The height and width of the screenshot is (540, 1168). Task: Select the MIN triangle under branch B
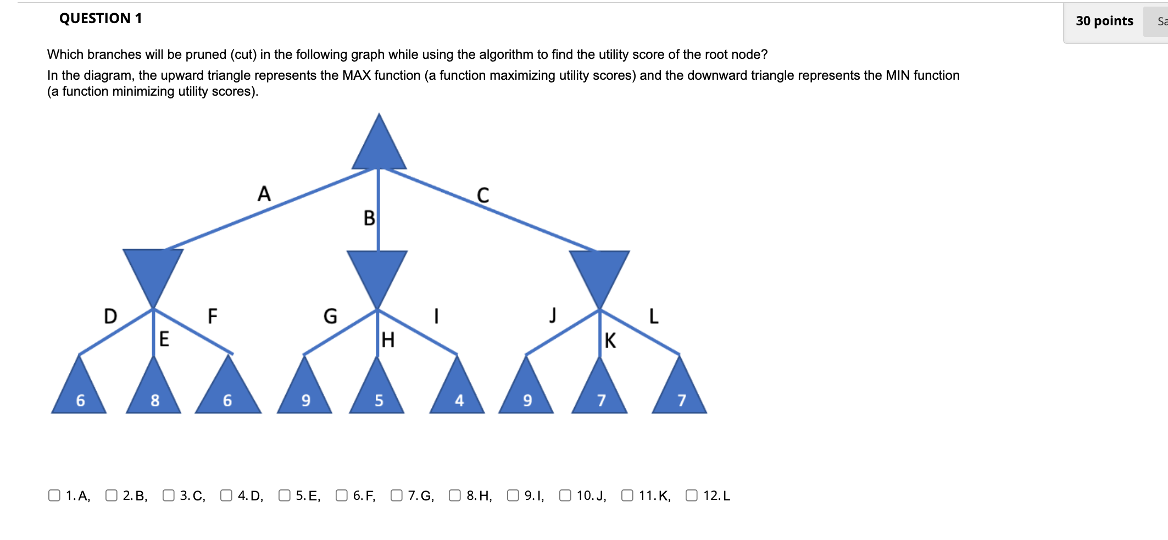(377, 272)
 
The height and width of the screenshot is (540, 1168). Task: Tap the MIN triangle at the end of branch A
(153, 271)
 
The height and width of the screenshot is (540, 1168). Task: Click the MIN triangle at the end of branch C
(599, 272)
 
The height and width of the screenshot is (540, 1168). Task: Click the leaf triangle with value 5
(377, 393)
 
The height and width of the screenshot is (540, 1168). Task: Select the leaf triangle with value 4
(457, 393)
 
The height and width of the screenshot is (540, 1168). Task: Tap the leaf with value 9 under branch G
(305, 393)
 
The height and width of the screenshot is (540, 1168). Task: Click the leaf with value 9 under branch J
(526, 393)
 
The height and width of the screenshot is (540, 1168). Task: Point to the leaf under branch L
(680, 393)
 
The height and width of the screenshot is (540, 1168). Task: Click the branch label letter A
(264, 194)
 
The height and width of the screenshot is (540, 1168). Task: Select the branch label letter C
(483, 195)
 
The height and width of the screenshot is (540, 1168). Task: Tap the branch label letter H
(388, 340)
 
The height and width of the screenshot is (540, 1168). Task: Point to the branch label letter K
(610, 340)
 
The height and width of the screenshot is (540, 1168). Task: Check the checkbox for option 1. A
(54, 495)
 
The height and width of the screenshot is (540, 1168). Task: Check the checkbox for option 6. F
(342, 495)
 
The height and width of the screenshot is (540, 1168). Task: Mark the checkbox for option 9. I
(513, 495)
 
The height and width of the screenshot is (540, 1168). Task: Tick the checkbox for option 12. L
(692, 495)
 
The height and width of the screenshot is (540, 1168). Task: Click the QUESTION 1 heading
(101, 18)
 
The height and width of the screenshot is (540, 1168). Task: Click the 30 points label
(1104, 21)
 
